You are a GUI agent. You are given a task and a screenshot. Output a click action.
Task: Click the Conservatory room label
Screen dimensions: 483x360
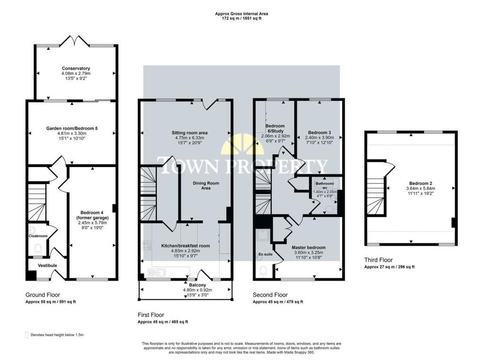[76, 68]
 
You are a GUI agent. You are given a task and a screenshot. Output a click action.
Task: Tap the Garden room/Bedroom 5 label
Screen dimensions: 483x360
[72, 128]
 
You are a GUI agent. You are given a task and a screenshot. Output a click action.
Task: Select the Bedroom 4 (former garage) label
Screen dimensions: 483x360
[92, 215]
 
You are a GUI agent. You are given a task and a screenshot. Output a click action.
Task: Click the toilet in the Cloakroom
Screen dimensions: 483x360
[38, 248]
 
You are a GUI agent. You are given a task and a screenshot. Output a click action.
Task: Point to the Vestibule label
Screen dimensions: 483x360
[48, 265]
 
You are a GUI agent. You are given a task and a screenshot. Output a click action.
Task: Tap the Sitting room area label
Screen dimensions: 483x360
[190, 133]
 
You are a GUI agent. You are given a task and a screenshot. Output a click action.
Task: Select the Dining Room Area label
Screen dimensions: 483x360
[206, 185]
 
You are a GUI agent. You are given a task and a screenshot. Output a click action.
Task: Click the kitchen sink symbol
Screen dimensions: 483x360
[157, 272]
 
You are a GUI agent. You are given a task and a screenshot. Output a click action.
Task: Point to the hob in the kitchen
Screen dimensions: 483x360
[146, 245]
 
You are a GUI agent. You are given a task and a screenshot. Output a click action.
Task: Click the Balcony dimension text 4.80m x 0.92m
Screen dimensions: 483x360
[198, 290]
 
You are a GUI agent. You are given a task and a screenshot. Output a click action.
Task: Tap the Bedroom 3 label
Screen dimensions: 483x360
[319, 133]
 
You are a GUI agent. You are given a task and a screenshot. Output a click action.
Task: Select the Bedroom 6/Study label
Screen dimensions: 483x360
[275, 128]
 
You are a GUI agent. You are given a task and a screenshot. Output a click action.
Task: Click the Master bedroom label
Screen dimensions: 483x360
[308, 248]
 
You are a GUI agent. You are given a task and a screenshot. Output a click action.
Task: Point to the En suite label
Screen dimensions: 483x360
[265, 254]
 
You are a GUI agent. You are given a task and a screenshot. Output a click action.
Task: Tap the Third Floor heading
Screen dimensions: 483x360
[378, 260]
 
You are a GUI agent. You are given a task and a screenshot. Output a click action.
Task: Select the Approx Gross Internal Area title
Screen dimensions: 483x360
[241, 14]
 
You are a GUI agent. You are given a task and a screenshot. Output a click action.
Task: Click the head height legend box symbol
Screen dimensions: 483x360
[27, 335]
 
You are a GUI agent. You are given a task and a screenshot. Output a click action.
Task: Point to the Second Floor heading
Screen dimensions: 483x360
[270, 295]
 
